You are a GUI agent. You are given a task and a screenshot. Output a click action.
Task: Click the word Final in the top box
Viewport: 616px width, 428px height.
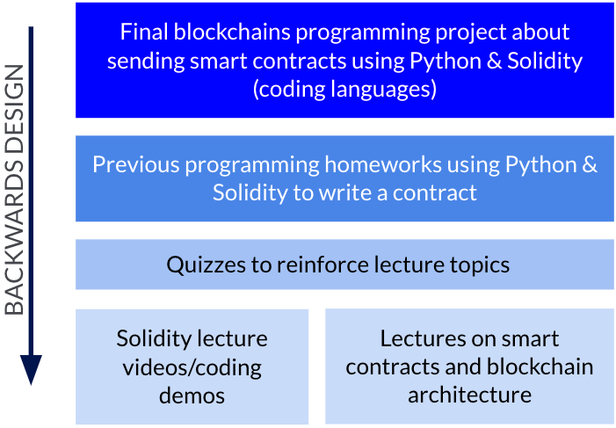click(144, 32)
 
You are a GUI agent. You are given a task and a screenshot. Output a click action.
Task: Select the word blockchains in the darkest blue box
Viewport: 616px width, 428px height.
click(232, 32)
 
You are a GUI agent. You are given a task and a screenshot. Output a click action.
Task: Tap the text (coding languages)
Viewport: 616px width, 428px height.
click(344, 90)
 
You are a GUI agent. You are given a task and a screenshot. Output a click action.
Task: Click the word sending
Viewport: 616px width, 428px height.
click(146, 62)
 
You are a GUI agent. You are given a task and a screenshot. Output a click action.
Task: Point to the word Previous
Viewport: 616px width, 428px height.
click(136, 164)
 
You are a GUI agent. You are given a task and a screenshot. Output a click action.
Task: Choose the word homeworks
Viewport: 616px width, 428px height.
click(383, 164)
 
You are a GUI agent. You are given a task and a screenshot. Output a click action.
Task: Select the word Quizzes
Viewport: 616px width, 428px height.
click(207, 265)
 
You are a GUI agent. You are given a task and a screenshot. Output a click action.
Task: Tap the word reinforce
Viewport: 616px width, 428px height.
click(322, 265)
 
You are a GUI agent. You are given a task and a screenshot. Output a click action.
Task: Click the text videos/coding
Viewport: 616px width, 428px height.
click(192, 367)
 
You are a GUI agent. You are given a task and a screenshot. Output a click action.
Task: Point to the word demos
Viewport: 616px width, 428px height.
click(192, 395)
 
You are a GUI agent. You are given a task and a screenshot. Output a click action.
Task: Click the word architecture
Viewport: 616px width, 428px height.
click(469, 395)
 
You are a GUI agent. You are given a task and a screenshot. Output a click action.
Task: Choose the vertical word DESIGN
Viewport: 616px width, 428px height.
click(14, 109)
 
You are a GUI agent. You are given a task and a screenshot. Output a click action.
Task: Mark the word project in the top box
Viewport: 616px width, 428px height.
click(471, 33)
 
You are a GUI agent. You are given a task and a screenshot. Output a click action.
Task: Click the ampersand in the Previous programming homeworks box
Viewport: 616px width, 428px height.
click(590, 164)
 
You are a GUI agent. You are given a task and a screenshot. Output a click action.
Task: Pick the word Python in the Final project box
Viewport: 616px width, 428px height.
click(446, 62)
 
